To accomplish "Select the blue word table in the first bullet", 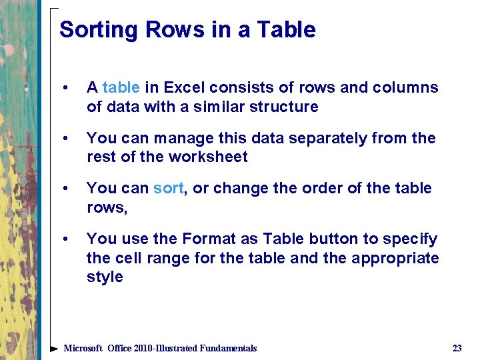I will (x=121, y=87).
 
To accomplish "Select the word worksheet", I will (x=208, y=157).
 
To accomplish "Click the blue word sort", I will (x=168, y=188).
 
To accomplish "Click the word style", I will (x=105, y=277).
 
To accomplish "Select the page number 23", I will (x=457, y=348).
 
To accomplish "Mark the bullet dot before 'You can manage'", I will (x=65, y=139).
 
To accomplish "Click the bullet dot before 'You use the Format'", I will (x=65, y=239).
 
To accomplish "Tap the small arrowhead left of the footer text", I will (x=54, y=348).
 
